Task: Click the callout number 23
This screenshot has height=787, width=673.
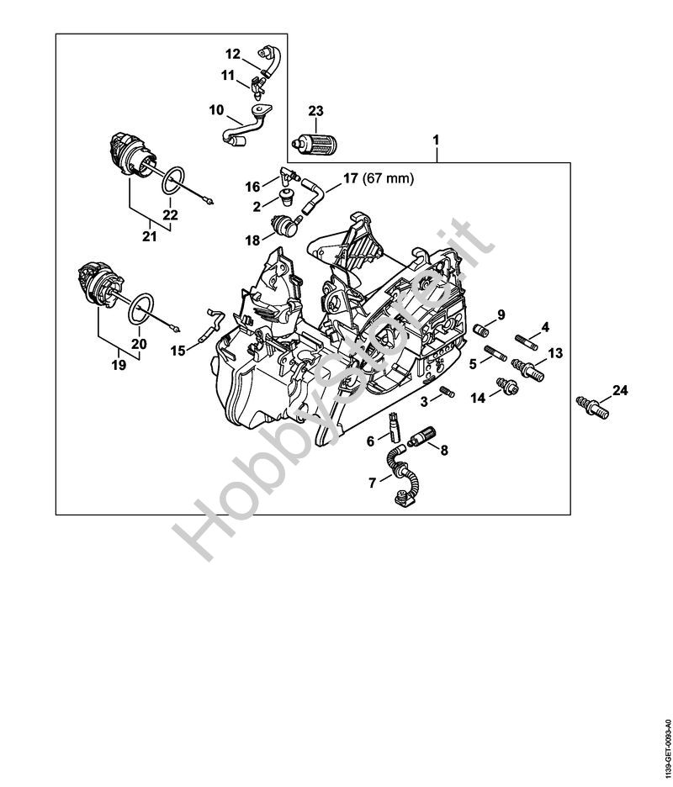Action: pos(316,111)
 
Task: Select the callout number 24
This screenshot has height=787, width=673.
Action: pos(620,390)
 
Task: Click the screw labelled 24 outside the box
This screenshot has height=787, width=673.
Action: pos(592,407)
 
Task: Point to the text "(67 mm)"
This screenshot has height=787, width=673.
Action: pos(387,178)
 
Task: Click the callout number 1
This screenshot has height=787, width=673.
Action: pos(436,140)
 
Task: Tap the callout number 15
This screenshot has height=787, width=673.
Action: pos(178,351)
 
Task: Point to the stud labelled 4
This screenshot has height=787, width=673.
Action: pos(527,342)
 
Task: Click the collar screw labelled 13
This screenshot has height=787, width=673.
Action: pos(527,371)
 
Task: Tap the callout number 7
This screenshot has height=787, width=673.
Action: pos(372,483)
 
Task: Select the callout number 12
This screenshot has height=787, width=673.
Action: pos(232,54)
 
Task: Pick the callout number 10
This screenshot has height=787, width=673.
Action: pos(216,109)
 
